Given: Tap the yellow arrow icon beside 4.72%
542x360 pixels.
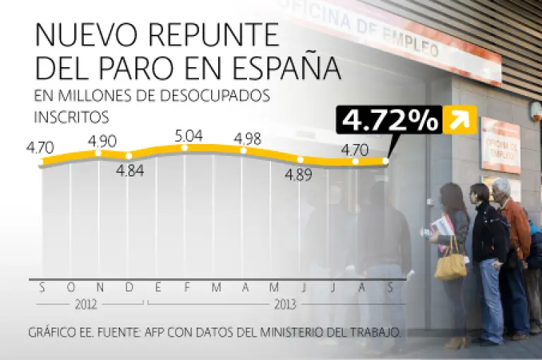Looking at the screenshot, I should [x=459, y=120].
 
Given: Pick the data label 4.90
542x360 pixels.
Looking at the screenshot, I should [x=102, y=140].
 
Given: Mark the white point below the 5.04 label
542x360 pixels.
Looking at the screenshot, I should [x=185, y=148].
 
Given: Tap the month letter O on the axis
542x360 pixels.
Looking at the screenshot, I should [x=71, y=287].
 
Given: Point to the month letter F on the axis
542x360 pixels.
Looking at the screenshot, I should [x=186, y=287].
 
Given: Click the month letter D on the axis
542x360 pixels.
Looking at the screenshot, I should [x=128, y=287].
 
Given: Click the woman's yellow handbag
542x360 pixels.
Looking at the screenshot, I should [x=450, y=266].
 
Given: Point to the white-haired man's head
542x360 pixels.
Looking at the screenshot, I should [x=501, y=188].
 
